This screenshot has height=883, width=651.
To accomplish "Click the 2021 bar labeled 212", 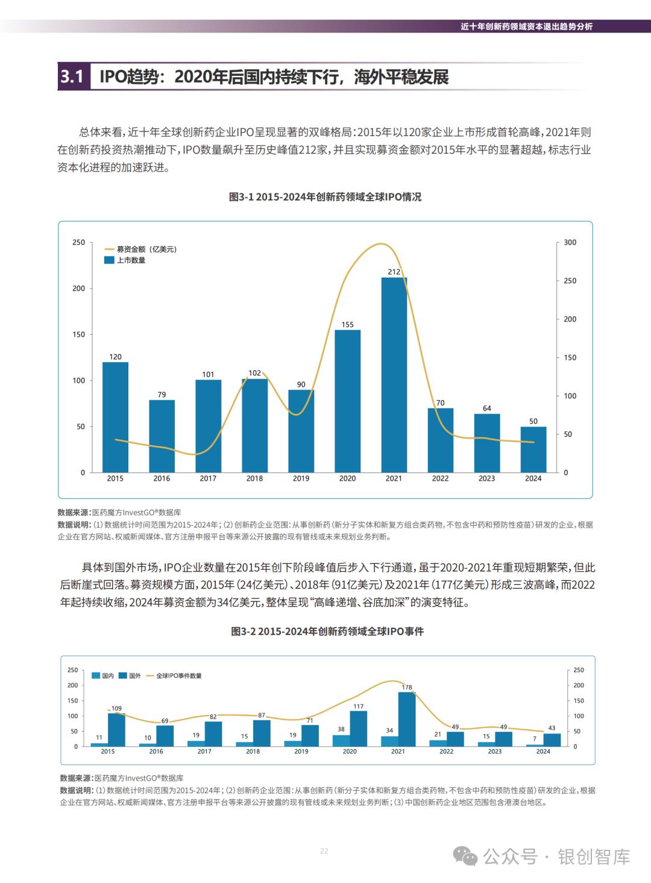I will tap(394, 375).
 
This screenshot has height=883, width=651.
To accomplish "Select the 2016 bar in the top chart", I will tap(162, 436).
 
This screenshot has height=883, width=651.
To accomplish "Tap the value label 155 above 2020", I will tap(347, 325).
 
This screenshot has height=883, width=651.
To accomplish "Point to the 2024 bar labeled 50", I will tap(533, 449).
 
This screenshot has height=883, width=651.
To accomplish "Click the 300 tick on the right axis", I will tap(570, 242).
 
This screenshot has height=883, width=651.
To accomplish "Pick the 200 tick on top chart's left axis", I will tap(79, 289).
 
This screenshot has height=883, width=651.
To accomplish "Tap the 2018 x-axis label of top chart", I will tap(254, 479).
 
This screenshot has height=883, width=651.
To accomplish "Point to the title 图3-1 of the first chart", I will tap(325, 197).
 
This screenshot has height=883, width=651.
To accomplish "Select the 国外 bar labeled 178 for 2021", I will tap(406, 719).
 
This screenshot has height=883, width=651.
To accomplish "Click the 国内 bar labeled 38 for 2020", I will tap(341, 741).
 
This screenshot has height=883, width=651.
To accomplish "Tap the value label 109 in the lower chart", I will tap(116, 708).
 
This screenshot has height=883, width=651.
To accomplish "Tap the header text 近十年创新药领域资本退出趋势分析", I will tap(526, 27).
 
